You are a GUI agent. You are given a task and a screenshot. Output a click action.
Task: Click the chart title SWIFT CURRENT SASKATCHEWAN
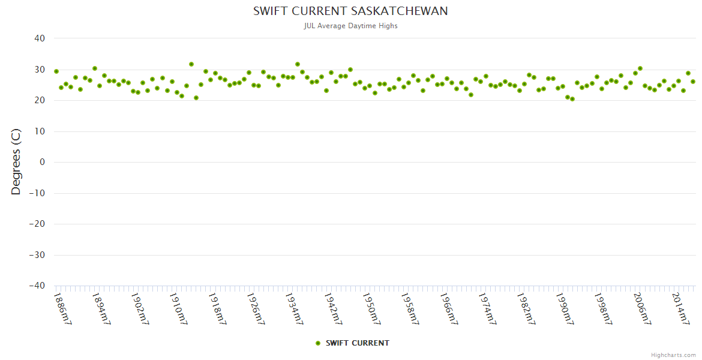(350, 11)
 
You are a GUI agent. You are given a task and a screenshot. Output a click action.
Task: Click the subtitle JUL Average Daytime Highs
(350, 26)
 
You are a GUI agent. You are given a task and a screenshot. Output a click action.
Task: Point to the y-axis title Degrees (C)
(16, 162)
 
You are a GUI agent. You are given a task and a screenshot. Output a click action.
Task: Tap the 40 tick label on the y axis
(40, 38)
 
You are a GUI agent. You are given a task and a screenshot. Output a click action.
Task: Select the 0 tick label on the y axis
(42, 162)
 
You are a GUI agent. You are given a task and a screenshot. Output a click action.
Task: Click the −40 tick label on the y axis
(37, 286)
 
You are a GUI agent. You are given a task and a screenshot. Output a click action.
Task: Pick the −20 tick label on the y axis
(37, 224)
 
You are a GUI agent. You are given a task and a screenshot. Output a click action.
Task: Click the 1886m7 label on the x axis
(62, 308)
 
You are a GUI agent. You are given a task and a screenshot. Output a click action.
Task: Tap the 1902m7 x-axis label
(140, 308)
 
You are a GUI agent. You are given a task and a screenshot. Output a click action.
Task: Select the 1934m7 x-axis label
(294, 308)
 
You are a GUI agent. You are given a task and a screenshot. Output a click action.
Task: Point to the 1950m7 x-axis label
(371, 308)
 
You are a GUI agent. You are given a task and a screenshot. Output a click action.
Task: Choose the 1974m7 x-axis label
(487, 308)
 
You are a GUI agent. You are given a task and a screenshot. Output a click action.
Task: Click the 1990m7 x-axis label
(564, 308)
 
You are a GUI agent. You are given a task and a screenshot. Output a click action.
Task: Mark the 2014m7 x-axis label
(680, 308)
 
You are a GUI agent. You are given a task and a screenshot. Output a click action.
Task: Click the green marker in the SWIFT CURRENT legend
(318, 343)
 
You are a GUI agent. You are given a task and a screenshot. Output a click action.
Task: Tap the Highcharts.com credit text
(673, 355)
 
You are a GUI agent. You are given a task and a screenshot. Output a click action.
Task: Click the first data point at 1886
(56, 71)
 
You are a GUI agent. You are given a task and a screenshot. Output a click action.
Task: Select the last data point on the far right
(693, 82)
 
